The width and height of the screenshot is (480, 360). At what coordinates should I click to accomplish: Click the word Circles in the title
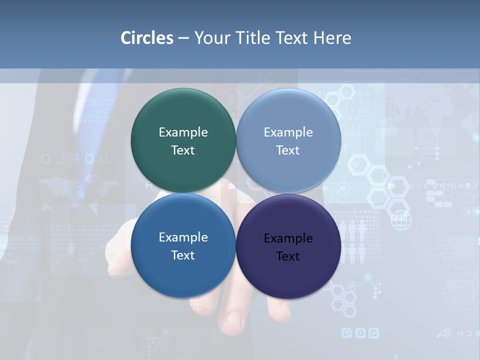click(x=147, y=38)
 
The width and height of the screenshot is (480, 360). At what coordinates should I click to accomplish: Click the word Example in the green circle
click(x=183, y=132)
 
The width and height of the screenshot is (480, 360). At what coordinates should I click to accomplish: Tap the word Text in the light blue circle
click(x=288, y=150)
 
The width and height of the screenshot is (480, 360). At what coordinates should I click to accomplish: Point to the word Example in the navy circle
click(x=288, y=238)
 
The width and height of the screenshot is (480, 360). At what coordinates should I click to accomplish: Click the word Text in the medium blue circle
click(x=183, y=255)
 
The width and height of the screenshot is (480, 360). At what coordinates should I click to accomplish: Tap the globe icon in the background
click(x=401, y=220)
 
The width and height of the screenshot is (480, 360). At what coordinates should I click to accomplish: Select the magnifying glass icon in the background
click(x=442, y=333)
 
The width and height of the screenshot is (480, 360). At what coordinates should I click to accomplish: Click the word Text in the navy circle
click(x=288, y=256)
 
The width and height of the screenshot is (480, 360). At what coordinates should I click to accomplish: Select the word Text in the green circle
click(x=183, y=150)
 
